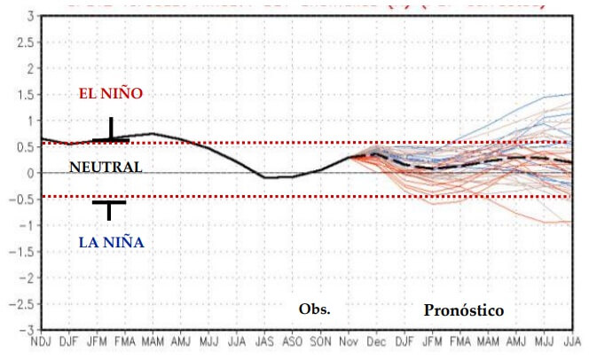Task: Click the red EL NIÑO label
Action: click(111, 93)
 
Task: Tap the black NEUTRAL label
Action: click(105, 167)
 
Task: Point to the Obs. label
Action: click(314, 309)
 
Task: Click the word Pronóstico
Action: click(464, 310)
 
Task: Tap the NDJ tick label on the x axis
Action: click(40, 341)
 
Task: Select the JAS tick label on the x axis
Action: click(263, 341)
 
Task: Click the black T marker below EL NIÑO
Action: click(111, 131)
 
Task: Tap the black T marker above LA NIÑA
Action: click(109, 208)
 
